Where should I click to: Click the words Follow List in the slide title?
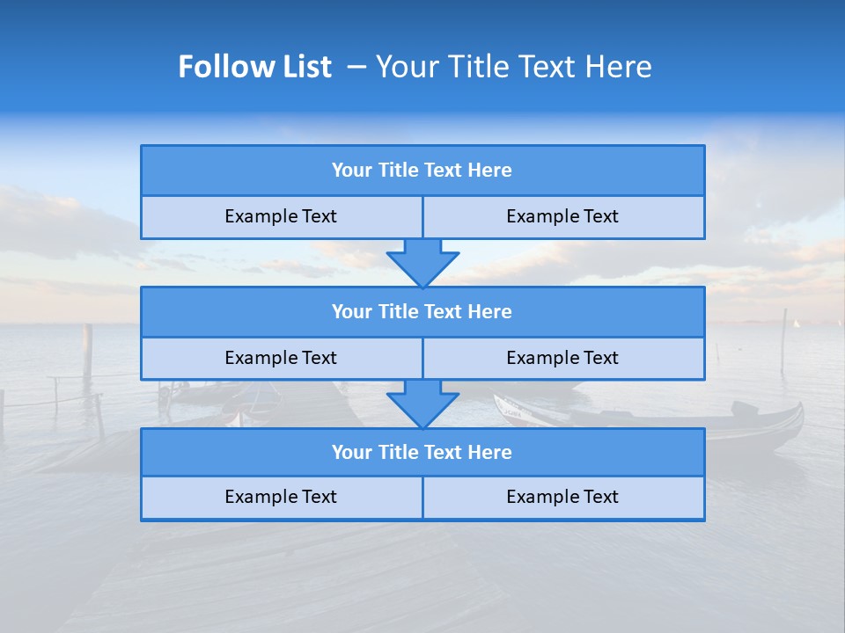coord(254,67)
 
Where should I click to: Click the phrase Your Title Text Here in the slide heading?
coord(513,67)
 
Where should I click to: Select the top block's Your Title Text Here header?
coord(422,171)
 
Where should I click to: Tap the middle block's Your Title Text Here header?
coord(422,311)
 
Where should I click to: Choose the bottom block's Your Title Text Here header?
coord(422,452)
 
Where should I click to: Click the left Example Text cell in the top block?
coord(281,216)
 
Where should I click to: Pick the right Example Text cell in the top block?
coord(562,216)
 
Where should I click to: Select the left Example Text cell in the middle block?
coord(281,358)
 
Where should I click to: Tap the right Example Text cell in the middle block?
coord(562,358)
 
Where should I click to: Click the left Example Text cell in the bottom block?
coord(281,497)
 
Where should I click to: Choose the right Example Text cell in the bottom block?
coord(562,497)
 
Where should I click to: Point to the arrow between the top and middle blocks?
coord(422,263)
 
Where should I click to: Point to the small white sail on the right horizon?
coord(797,323)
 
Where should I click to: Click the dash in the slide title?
coord(356,67)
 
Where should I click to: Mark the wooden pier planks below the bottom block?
coord(352,571)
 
